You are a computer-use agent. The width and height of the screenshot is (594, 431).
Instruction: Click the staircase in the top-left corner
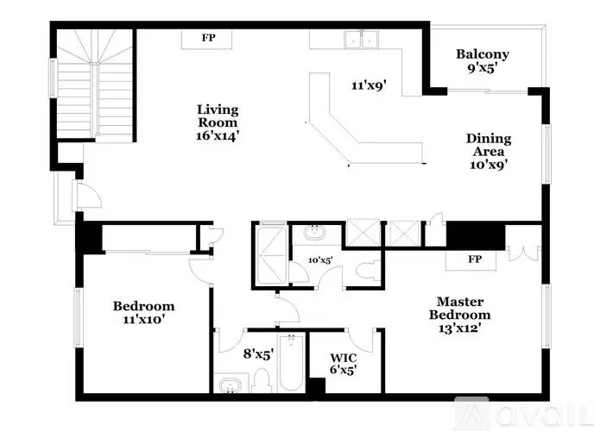[x=95, y=84]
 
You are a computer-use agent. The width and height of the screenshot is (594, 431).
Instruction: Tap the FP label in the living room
[x=208, y=38]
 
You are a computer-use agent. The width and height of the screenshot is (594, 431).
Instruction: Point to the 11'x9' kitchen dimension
[x=369, y=85]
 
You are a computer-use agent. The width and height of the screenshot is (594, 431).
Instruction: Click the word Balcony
[x=483, y=55]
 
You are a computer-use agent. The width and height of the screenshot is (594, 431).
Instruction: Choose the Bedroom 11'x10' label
[x=143, y=312]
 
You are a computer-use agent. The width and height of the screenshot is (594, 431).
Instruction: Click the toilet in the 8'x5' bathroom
[x=261, y=380]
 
